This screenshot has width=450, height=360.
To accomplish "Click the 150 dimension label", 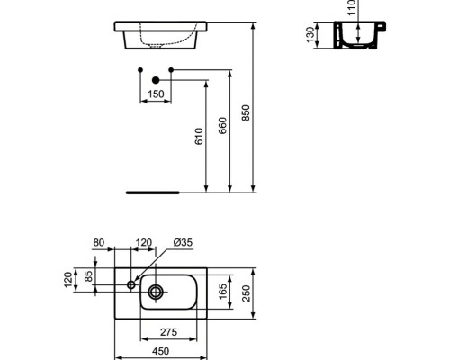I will pos(156,94).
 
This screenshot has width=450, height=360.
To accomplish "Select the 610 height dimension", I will pos(200,136).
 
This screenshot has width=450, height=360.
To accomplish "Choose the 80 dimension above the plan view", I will pos(98,242).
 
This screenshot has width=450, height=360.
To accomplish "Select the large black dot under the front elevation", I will pos(155,81).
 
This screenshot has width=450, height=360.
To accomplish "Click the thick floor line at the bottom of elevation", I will pos(153,192).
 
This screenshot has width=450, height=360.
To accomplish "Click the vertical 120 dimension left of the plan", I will pos(67,281).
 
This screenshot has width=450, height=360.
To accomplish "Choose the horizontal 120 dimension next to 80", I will pos(142,242).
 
